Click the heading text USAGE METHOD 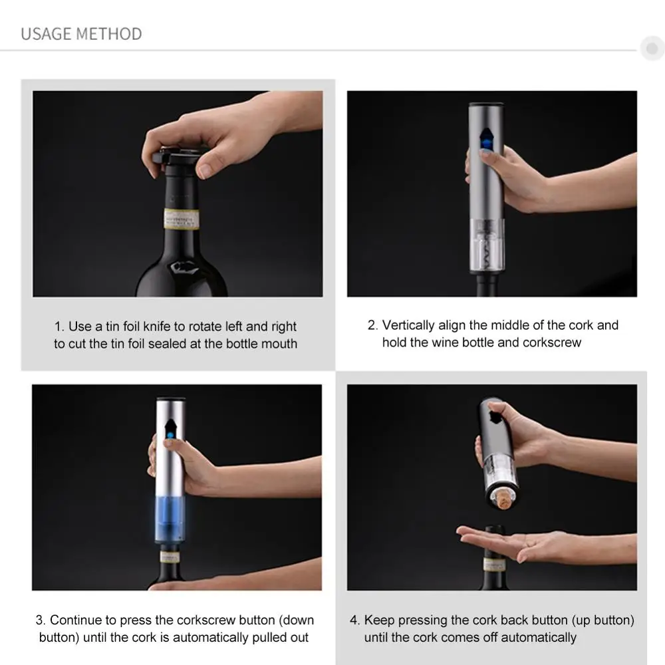(81, 34)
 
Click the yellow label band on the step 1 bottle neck (182, 218)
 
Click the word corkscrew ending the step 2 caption (551, 342)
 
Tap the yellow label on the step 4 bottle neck (493, 565)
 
